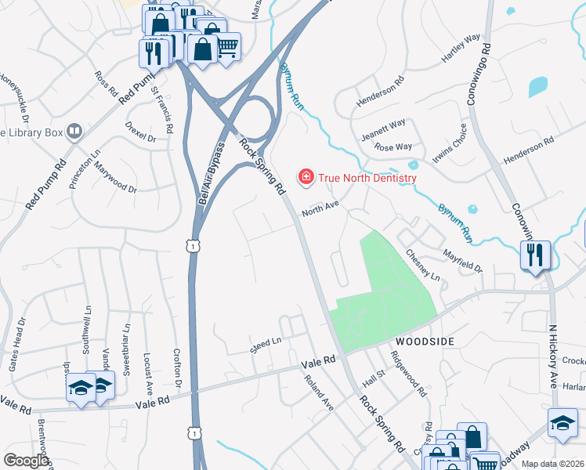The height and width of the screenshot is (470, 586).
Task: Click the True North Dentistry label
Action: coord(366,178)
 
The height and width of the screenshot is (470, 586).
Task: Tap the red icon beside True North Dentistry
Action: coord(306,178)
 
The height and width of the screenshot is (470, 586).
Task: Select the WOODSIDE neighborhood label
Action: coord(424,342)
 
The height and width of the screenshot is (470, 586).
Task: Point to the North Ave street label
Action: coord(320,208)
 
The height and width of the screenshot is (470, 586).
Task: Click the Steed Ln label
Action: coord(266,344)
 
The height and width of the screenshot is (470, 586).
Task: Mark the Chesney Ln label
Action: coord(423,266)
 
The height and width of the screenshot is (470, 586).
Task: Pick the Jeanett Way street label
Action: coord(383,129)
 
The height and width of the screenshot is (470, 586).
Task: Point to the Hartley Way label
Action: coord(460,49)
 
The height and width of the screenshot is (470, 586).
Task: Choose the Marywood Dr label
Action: coord(115,178)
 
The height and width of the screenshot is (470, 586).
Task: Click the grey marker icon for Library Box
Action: coord(75,132)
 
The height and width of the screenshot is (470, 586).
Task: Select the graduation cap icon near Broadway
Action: coord(562,423)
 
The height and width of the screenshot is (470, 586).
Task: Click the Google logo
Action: coord(26,460)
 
